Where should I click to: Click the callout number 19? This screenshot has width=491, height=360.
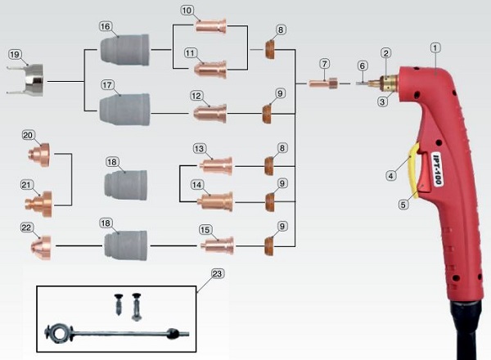(x=15, y=55)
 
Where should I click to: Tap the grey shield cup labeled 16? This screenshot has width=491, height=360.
(x=125, y=49)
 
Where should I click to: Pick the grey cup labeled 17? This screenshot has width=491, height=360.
(x=125, y=110)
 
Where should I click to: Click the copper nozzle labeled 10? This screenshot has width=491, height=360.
(x=211, y=26)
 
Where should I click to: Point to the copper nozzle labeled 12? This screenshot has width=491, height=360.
(x=209, y=114)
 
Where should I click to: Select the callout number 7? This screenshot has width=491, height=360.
(x=325, y=64)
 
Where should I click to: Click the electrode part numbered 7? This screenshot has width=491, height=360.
(x=323, y=83)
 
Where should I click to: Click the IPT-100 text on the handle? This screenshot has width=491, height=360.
(x=438, y=169)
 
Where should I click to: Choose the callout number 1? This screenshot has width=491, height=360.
(x=435, y=48)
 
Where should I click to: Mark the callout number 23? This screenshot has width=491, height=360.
(x=217, y=274)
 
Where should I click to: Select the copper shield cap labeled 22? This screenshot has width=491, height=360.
(x=41, y=248)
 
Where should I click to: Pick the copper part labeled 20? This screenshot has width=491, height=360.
(x=38, y=155)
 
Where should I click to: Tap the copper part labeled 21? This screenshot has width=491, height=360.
(x=38, y=204)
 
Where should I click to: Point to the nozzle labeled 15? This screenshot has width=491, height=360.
(x=218, y=245)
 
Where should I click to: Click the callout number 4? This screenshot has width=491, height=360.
(x=390, y=176)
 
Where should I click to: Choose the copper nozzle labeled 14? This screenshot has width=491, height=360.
(x=215, y=201)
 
